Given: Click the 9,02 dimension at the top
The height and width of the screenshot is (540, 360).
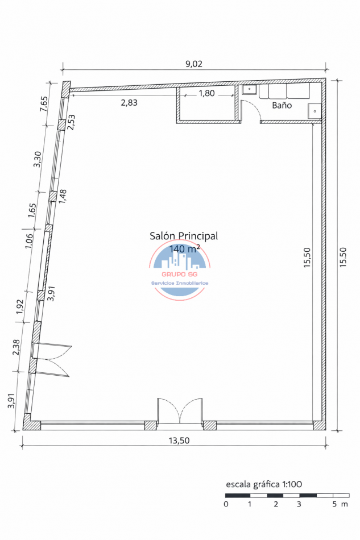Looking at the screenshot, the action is (x=194, y=64).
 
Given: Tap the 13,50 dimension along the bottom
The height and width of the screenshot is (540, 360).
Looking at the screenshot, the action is (x=179, y=441).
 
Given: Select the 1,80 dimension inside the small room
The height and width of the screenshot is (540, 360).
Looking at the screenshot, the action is (x=206, y=93).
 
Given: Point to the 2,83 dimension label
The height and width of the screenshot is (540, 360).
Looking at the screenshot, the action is (x=129, y=102).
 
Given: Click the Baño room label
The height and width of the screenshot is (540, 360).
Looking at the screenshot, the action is (x=282, y=105).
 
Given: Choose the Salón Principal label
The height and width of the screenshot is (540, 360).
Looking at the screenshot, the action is (x=184, y=236).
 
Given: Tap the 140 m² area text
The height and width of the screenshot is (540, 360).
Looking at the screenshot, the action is (x=184, y=248).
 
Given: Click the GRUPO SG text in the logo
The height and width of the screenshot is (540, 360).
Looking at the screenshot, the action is (x=180, y=275).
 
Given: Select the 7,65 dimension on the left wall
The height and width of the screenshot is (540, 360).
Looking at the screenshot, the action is (x=44, y=103).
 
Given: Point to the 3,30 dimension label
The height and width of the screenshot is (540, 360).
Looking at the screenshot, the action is (x=37, y=159).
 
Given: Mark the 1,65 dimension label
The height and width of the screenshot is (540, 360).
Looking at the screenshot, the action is (x=32, y=210).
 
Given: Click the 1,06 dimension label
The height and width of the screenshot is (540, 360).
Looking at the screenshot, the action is (x=28, y=241).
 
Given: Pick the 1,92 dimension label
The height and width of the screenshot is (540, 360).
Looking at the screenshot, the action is (x=20, y=306).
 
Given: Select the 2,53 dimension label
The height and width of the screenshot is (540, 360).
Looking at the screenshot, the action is (x=71, y=122).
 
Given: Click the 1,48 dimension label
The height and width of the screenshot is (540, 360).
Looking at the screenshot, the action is (x=63, y=196).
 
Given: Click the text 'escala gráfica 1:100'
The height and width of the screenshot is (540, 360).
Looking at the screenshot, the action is (x=264, y=484).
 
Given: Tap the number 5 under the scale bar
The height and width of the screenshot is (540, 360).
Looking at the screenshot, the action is (x=334, y=504).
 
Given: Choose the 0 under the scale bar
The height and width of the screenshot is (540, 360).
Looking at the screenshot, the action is (x=226, y=504).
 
